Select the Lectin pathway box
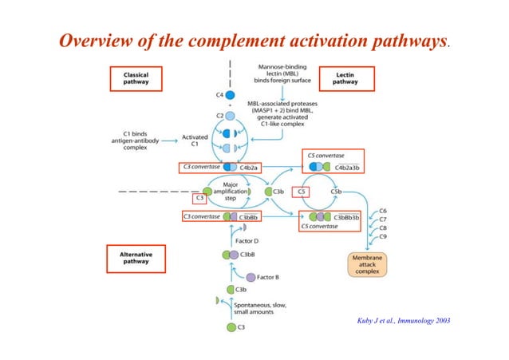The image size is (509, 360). pos(345,77)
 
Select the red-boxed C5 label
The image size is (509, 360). pos(301,192)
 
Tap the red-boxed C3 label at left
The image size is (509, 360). pos(200,200)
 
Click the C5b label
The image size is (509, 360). pos(337,192)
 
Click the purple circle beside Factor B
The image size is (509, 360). pos(251,277)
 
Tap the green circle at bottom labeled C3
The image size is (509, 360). pos(231,327)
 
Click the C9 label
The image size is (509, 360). pos(384,237)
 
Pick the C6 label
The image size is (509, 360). pos(384,211)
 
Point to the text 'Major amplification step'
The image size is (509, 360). pos(229,192)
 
